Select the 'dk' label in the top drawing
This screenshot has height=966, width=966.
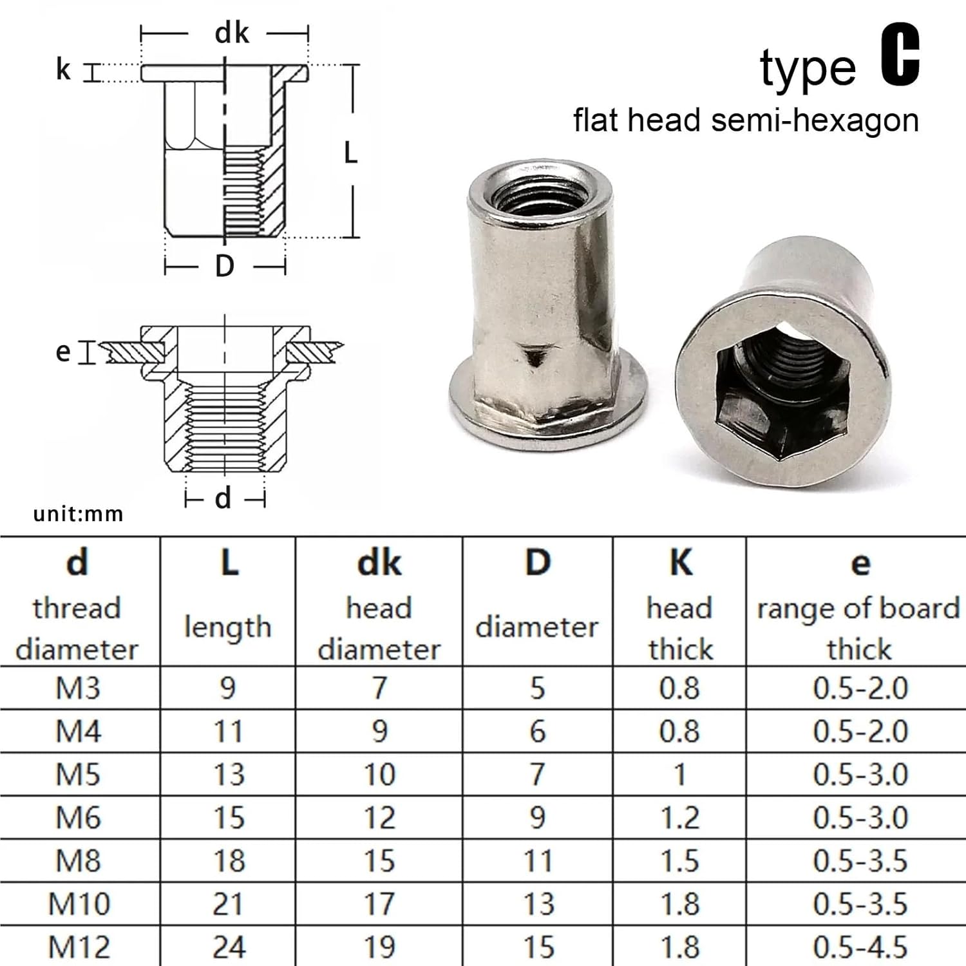pyautogui.click(x=231, y=33)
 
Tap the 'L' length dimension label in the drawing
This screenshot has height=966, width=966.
pyautogui.click(x=350, y=153)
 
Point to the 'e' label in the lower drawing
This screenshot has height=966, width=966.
pyautogui.click(x=62, y=352)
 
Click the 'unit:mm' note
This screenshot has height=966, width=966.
pyautogui.click(x=78, y=514)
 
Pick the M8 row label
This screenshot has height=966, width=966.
pyautogui.click(x=78, y=860)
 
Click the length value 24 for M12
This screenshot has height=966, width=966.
pyautogui.click(x=229, y=947)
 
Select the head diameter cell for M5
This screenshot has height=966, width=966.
pyautogui.click(x=379, y=774)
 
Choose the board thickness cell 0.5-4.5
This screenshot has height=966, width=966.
pyautogui.click(x=860, y=947)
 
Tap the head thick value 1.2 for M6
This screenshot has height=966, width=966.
pyautogui.click(x=679, y=817)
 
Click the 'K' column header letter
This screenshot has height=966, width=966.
pyautogui.click(x=681, y=562)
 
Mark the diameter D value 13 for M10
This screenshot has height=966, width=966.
pyautogui.click(x=538, y=904)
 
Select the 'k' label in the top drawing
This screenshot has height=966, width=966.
pyautogui.click(x=62, y=70)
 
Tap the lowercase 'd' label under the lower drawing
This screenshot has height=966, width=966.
pyautogui.click(x=223, y=498)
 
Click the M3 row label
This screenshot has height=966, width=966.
pyautogui.click(x=78, y=688)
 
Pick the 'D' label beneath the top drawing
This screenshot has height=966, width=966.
pyautogui.click(x=224, y=265)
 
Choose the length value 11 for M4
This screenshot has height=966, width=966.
pyautogui.click(x=229, y=731)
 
